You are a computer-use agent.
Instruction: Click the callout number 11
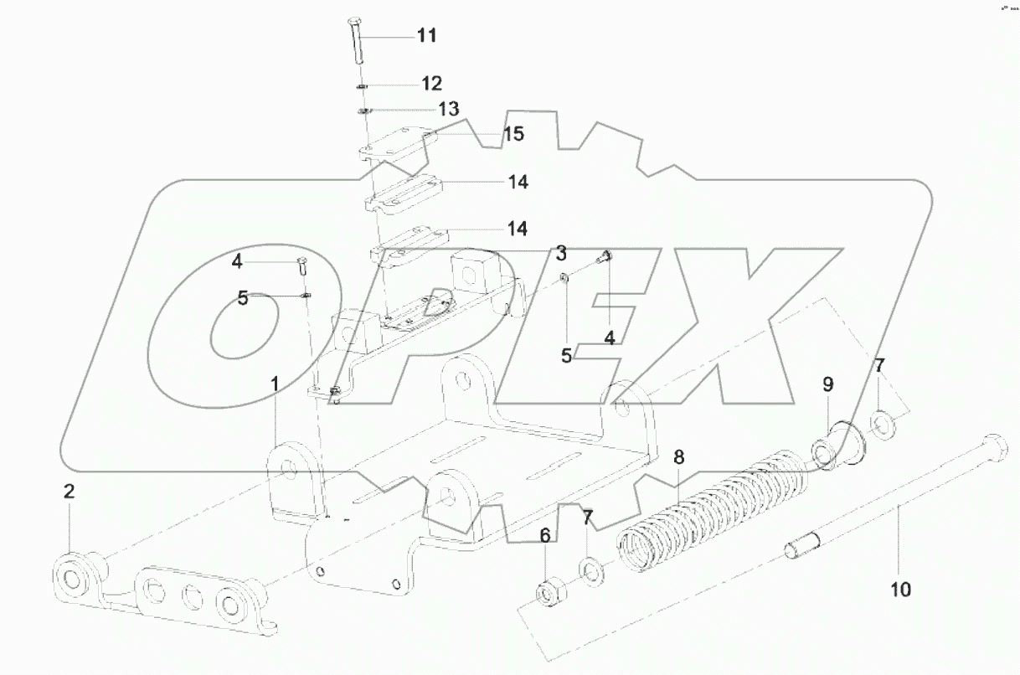click(427, 36)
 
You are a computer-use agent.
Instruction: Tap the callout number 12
click(431, 84)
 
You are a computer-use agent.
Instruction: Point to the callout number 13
click(449, 109)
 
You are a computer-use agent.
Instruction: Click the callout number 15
click(513, 134)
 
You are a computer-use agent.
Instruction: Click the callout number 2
click(70, 492)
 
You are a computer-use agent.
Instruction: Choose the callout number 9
click(827, 384)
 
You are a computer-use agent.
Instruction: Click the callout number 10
click(900, 590)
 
